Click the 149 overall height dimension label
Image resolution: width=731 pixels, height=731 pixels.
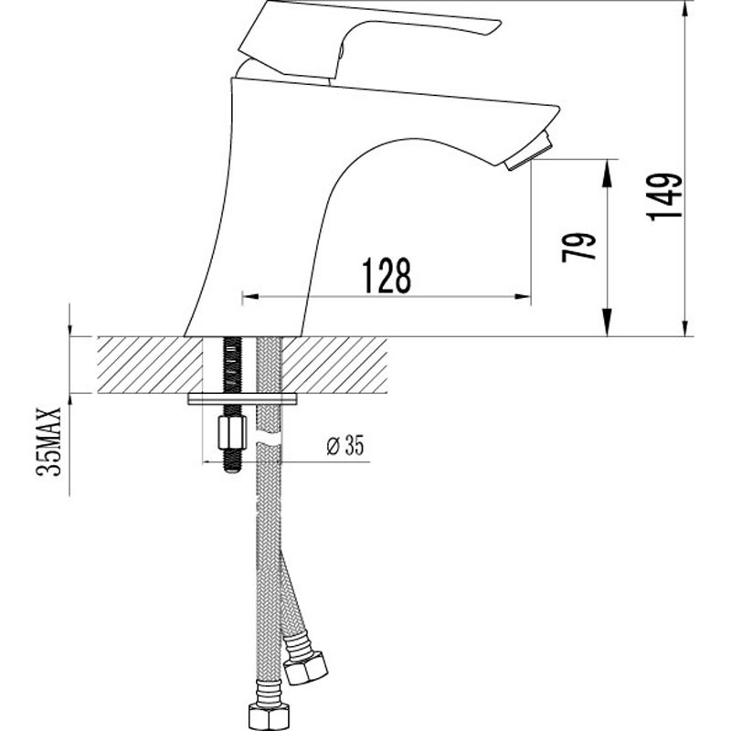[664, 196]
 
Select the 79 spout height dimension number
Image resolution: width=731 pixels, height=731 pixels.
[578, 247]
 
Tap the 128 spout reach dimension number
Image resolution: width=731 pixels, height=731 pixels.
[387, 276]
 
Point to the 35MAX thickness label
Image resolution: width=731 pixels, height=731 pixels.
[48, 441]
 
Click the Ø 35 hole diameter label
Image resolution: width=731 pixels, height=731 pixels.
[345, 445]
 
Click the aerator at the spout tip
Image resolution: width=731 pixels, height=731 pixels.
[529, 153]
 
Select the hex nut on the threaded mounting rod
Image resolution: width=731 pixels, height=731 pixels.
[232, 433]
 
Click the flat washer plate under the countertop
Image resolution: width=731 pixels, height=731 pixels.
[242, 399]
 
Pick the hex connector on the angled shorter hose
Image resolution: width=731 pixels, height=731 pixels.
[306, 668]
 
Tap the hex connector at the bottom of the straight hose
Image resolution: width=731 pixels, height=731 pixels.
[268, 716]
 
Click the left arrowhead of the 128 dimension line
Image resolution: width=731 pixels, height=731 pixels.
[251, 296]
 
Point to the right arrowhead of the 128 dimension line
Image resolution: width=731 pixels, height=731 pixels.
[522, 296]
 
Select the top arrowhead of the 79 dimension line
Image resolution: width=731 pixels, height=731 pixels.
[607, 174]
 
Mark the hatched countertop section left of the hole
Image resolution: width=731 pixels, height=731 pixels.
[150, 365]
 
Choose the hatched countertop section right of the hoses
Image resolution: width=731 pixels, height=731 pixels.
[334, 365]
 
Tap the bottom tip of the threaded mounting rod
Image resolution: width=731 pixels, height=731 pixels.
[232, 471]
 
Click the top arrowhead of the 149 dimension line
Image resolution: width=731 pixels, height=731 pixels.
[684, 9]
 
